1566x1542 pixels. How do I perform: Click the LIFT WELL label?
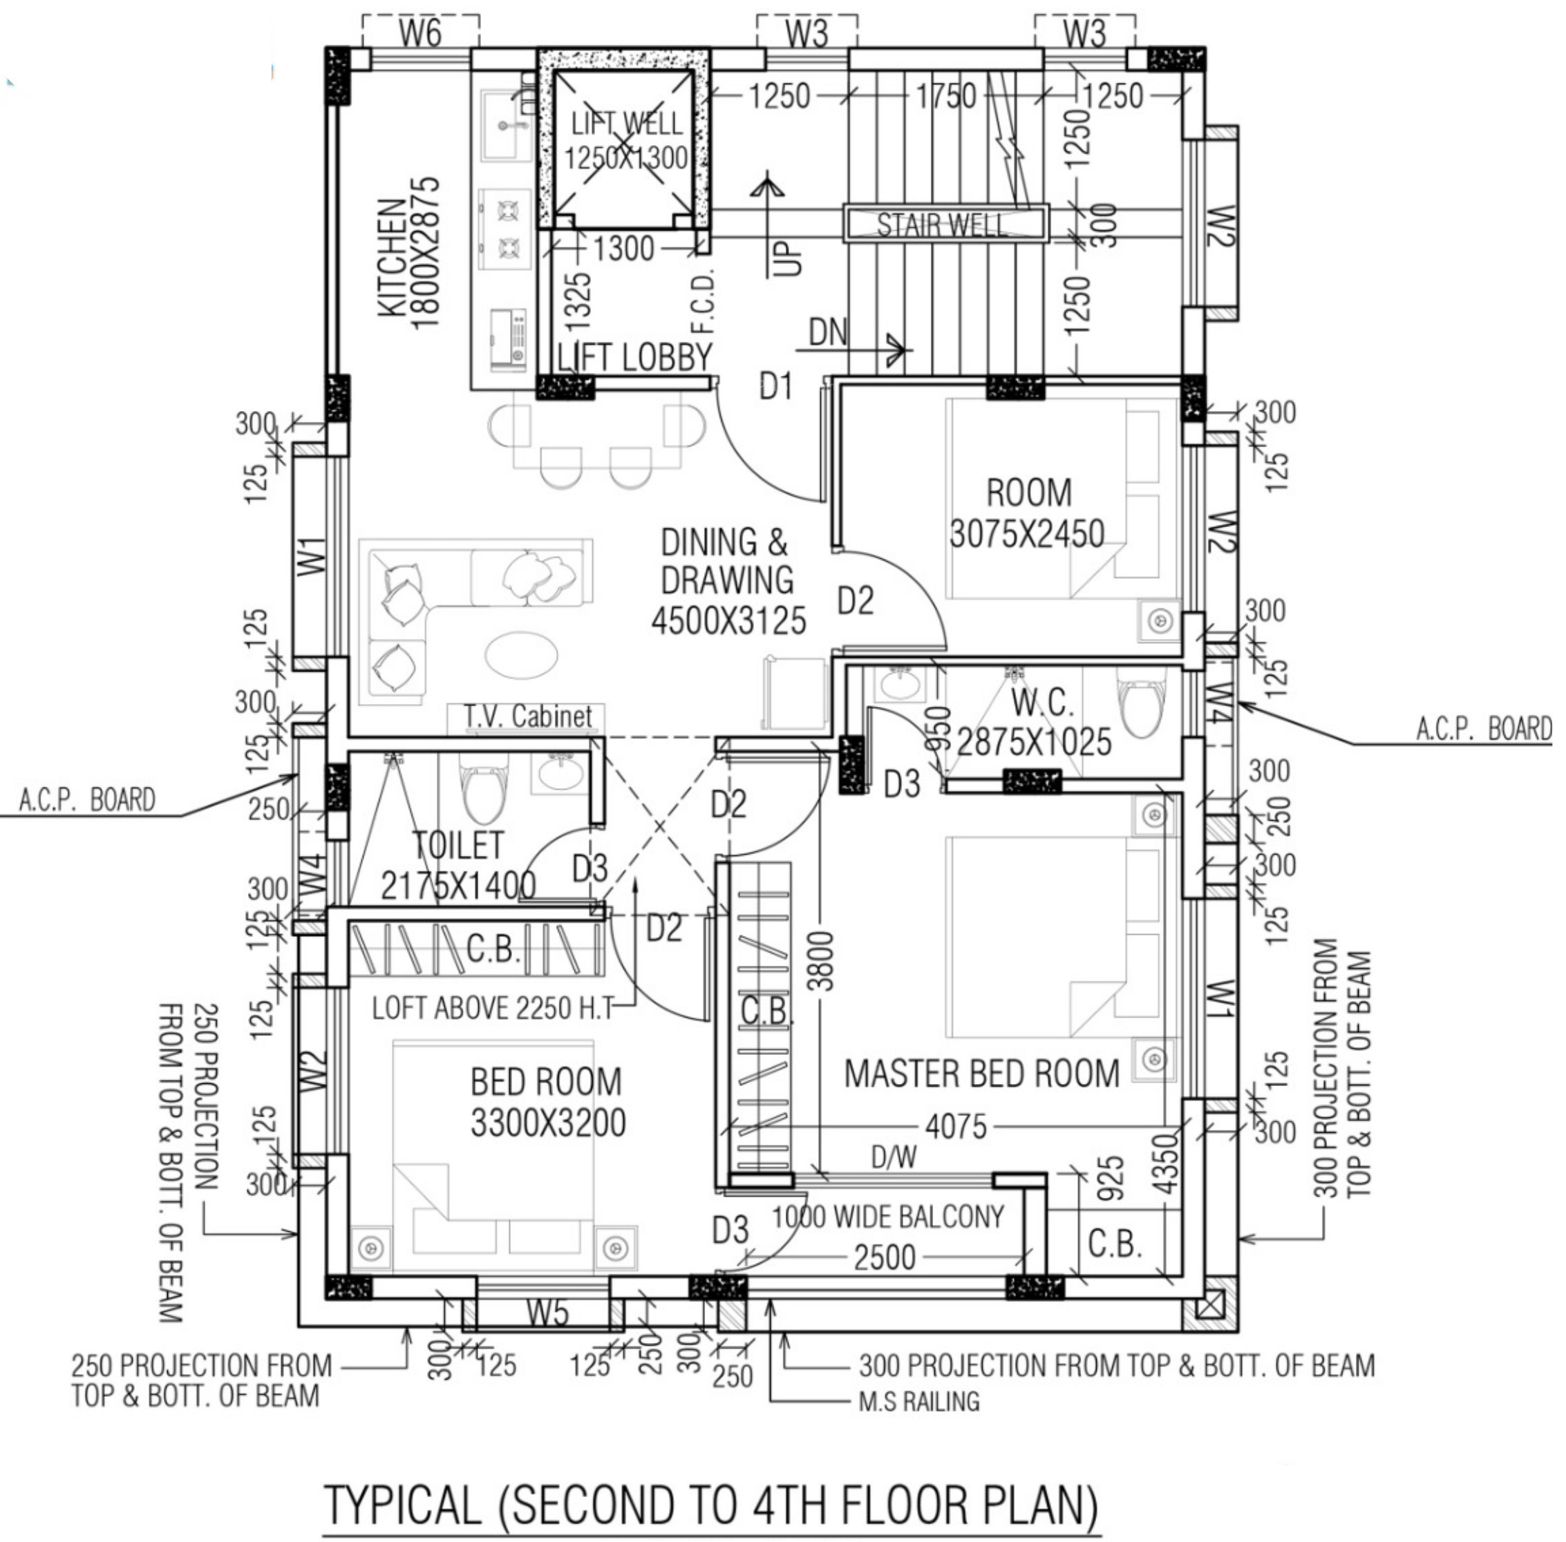(626, 124)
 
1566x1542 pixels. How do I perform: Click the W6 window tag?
(420, 34)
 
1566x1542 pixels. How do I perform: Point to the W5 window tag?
(547, 1313)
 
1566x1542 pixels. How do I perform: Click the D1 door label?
(775, 387)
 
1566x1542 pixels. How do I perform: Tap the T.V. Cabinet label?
(527, 716)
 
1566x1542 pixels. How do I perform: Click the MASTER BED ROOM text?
(982, 1073)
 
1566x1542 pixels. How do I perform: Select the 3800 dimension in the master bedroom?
(822, 960)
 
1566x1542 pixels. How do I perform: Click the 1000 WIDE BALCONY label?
(888, 1217)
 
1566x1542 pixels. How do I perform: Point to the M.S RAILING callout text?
(918, 1400)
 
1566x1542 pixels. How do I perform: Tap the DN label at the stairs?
(828, 332)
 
